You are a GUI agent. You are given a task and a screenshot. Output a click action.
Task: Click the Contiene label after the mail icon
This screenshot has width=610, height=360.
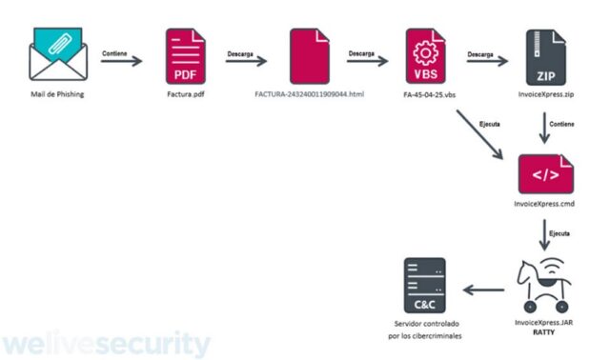click(x=114, y=53)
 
